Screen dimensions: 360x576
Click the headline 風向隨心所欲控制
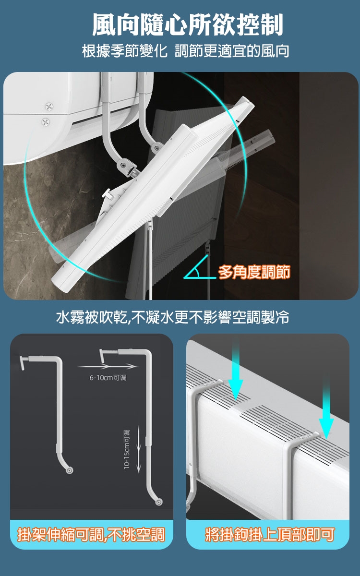tap(188, 24)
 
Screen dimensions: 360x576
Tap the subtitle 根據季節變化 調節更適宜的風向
tap(186, 51)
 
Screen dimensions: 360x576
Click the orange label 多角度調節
tap(254, 272)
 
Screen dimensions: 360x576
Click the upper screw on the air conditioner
tap(49, 106)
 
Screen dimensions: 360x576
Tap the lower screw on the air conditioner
tap(46, 121)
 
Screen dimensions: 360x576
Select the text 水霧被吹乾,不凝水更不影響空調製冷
tap(172, 317)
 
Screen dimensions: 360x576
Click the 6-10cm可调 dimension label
tap(108, 377)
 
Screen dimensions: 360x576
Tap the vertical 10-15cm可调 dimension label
tap(127, 449)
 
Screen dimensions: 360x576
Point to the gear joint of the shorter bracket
tap(69, 470)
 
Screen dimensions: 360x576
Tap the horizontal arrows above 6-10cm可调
tap(107, 366)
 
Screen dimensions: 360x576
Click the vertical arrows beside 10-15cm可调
tap(139, 449)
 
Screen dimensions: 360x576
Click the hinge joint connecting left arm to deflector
tap(123, 165)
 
